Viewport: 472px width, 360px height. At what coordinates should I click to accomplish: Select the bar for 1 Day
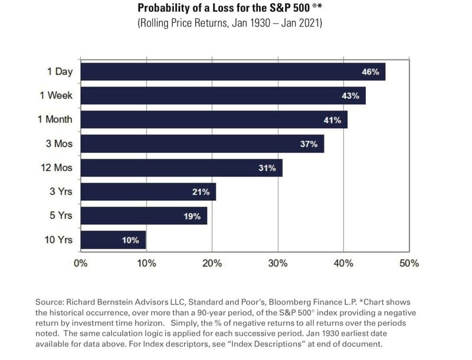tap(232, 72)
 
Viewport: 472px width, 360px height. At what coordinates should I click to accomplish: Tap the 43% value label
tap(350, 96)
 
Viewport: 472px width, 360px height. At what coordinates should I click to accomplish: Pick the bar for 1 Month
tap(214, 120)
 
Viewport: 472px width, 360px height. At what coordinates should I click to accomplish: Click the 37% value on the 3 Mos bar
tap(309, 144)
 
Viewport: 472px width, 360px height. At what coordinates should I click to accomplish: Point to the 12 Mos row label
tap(55, 168)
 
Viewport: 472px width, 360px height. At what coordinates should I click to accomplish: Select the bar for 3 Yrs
tap(148, 192)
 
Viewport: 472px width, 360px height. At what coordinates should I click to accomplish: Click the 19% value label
tap(192, 216)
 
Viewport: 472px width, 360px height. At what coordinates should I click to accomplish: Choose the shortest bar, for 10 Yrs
tap(113, 240)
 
